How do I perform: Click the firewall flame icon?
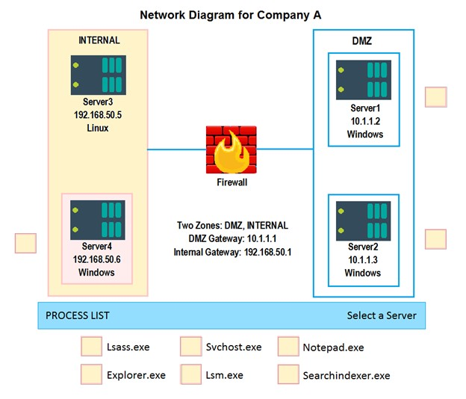[x=232, y=149]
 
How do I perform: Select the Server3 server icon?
[x=99, y=75]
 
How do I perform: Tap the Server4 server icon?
[x=98, y=220]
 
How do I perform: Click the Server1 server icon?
[x=364, y=80]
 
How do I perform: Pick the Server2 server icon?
[x=363, y=221]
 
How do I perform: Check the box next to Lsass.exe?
[x=92, y=347]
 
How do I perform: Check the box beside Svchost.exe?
[x=190, y=347]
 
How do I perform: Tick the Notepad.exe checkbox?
[x=288, y=347]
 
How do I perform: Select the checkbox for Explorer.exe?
[x=92, y=374]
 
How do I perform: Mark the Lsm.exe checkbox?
[x=190, y=374]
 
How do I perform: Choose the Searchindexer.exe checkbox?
[x=288, y=374]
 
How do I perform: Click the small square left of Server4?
[x=26, y=243]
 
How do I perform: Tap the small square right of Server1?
[x=436, y=97]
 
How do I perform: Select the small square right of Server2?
[x=435, y=239]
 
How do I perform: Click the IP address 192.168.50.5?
[x=98, y=115]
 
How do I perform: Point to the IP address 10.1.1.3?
[x=363, y=260]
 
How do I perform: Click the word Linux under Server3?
[x=98, y=128]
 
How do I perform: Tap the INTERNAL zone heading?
[x=99, y=40]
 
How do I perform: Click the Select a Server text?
[x=382, y=315]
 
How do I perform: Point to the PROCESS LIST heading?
[x=78, y=315]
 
